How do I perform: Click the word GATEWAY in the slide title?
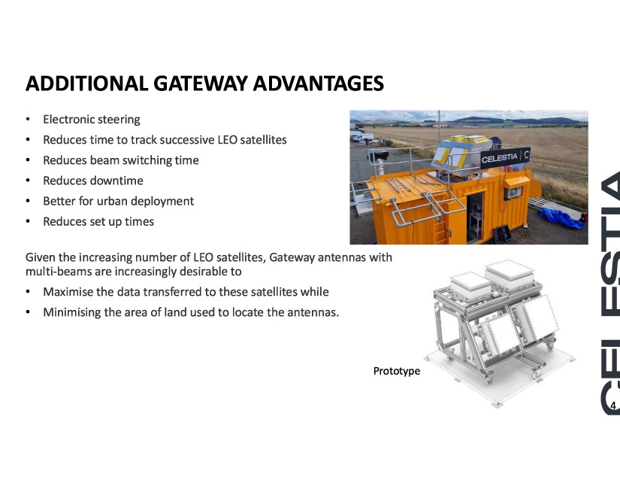201,83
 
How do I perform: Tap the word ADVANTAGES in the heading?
319,83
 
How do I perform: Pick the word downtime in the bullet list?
118,181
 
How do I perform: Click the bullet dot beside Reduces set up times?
28,222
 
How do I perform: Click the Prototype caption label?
397,371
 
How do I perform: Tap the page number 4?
613,406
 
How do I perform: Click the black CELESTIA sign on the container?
505,158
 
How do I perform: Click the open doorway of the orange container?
475,217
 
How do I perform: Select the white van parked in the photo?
361,136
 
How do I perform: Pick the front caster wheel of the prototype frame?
488,379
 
